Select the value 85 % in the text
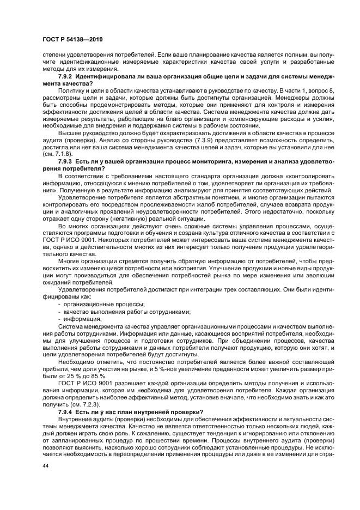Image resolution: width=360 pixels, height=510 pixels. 98,376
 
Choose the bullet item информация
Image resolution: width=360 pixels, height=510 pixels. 82,318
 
